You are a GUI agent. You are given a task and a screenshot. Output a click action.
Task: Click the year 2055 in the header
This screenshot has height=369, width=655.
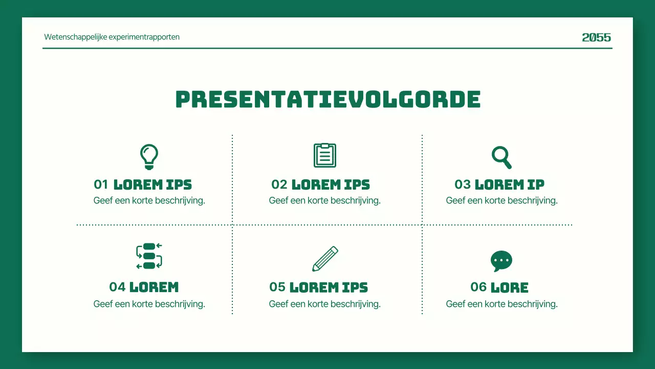pyautogui.click(x=596, y=37)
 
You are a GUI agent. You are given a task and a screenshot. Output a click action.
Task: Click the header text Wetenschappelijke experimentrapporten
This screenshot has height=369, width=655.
pyautogui.click(x=112, y=37)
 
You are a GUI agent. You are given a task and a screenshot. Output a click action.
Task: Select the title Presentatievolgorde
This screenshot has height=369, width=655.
pyautogui.click(x=327, y=99)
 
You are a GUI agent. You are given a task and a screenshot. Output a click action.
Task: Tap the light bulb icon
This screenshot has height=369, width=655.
pyautogui.click(x=149, y=156)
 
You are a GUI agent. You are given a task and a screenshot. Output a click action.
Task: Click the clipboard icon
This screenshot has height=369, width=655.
pyautogui.click(x=325, y=155)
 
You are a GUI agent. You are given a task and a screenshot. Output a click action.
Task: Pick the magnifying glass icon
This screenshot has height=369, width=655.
pyautogui.click(x=501, y=157)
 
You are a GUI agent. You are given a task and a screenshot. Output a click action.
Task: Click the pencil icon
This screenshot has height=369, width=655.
pyautogui.click(x=325, y=259)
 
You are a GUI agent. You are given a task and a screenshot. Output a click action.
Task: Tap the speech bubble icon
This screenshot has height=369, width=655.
pyautogui.click(x=501, y=261)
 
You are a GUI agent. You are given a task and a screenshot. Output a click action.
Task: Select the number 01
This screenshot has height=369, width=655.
pyautogui.click(x=101, y=184)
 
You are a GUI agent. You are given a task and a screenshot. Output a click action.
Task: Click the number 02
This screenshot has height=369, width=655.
pyautogui.click(x=279, y=184)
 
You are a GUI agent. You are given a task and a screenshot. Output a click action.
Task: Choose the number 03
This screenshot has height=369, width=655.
pyautogui.click(x=463, y=184)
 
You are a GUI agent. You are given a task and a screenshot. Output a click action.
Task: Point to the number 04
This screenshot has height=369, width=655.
pyautogui.click(x=117, y=287)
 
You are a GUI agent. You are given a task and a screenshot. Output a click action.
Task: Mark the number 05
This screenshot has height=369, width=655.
pyautogui.click(x=277, y=287)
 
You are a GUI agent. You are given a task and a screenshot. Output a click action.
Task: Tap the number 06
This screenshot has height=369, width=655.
pyautogui.click(x=478, y=287)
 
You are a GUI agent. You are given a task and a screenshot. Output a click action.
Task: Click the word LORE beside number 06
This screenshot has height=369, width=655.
pyautogui.click(x=510, y=288)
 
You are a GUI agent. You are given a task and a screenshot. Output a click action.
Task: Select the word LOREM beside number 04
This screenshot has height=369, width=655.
pyautogui.click(x=154, y=288)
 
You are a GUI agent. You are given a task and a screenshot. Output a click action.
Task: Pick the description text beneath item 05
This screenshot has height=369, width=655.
pyautogui.click(x=325, y=304)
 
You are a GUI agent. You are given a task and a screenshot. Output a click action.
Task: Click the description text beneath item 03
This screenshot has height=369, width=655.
pyautogui.click(x=501, y=200)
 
